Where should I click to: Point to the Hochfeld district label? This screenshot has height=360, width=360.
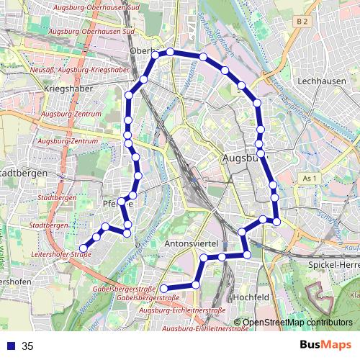pos(251,297)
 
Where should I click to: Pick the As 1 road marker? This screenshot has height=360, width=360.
pos(310,178)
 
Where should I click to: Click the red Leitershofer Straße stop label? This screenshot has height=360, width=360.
pos(64,255)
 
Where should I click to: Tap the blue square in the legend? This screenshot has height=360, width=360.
pos(9,346)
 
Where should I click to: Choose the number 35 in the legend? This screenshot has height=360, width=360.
pos(27,346)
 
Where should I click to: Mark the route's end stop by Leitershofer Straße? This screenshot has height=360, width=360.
pos(83,248)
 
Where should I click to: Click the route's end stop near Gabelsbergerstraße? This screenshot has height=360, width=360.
pos(162,287)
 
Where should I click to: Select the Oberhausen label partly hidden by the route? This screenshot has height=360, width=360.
pos(144,52)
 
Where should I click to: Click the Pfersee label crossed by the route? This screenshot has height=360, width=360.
pos(120,204)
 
